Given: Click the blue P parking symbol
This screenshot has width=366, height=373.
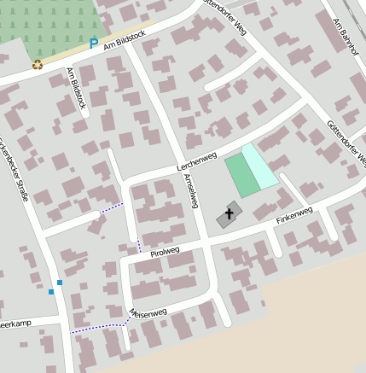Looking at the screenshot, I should point(93,44).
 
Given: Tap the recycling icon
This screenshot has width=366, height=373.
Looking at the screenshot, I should point(37,64).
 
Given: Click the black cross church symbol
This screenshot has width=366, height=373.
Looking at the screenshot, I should point(229,213).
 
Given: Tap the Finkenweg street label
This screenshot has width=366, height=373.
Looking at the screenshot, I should point(294,215).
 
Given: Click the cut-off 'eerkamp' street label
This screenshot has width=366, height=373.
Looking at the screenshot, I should point(16,325).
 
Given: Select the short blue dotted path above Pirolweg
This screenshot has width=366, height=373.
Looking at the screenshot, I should point(138,246).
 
